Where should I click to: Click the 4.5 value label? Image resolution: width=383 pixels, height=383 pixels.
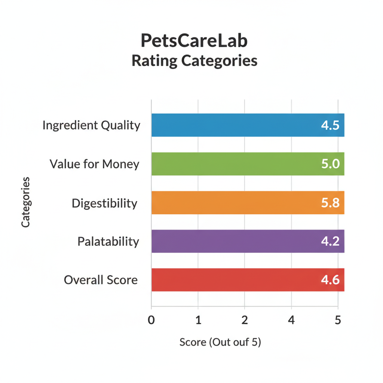pos(330,125)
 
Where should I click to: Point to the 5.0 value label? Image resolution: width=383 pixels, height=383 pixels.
pos(330,164)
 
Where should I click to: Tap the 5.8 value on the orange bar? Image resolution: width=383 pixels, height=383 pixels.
pos(330,203)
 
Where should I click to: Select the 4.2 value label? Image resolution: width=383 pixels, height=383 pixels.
pos(330,241)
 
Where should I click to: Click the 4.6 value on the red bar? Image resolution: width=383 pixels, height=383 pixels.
pos(330,280)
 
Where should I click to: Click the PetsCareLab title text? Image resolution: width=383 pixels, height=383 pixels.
pos(194,41)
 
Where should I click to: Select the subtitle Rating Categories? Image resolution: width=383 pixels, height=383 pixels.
pos(194,61)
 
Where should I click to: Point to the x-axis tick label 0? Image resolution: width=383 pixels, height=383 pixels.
pos(151,320)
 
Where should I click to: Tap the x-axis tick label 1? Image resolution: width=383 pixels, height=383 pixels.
pos(198,320)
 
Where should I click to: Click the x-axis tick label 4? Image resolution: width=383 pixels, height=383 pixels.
pos(291,320)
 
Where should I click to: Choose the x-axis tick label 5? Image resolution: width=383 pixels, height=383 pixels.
pos(338,320)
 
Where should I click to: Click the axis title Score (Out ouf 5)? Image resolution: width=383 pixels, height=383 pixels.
pos(220,342)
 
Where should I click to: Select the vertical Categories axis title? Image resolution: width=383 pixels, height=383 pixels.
pos(25,202)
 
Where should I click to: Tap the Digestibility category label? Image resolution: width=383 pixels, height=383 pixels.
pos(104,203)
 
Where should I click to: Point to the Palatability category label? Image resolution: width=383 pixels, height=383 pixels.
pos(108,242)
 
